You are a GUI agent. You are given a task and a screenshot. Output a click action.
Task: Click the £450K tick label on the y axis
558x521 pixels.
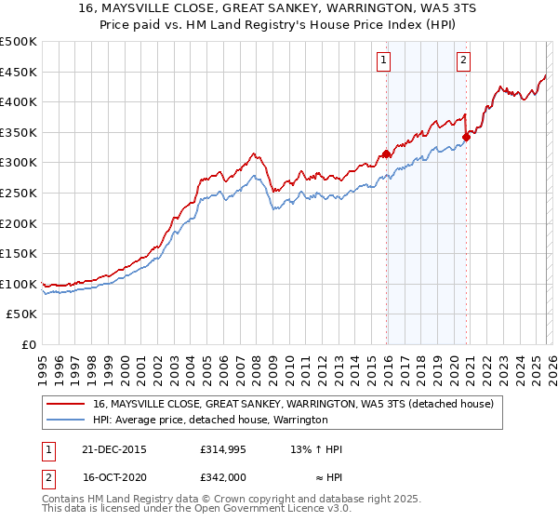pyautogui.click(x=19, y=72)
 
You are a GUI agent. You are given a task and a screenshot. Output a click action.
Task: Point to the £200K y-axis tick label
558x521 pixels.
pyautogui.click(x=19, y=223)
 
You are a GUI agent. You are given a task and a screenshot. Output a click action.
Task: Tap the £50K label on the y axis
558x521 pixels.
pyautogui.click(x=22, y=314)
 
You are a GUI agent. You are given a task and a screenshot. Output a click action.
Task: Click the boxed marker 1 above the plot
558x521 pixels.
pyautogui.click(x=384, y=61)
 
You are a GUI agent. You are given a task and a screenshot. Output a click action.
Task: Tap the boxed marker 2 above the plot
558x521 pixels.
pyautogui.click(x=463, y=61)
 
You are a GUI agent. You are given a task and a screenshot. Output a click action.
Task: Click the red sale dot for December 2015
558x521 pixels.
pyautogui.click(x=386, y=154)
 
